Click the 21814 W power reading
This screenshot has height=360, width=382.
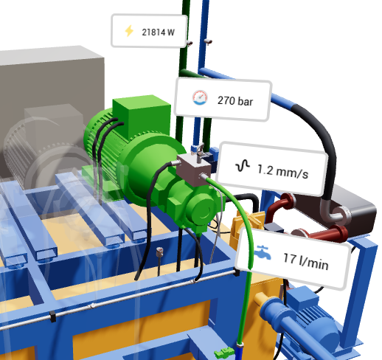[x=158, y=32]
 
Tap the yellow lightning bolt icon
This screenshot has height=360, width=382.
[x=130, y=31]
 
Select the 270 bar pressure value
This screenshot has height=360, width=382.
[x=235, y=99]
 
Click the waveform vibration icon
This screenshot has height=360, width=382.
[x=243, y=167]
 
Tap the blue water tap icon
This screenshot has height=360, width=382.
[x=262, y=255]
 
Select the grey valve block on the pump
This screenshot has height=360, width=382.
[x=194, y=167]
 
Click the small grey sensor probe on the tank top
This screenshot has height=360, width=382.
[x=159, y=257]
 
